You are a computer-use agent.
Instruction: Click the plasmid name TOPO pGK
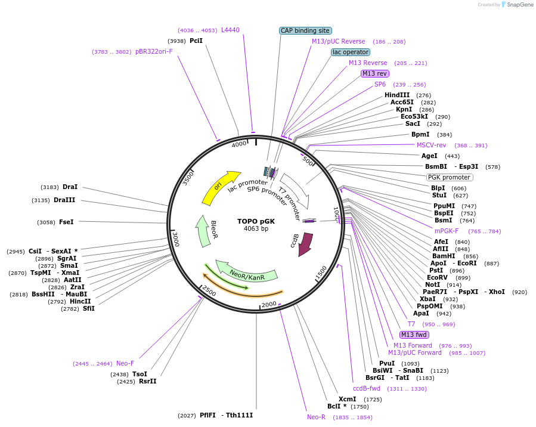click(x=256, y=221)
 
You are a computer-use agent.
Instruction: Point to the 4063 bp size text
click(x=256, y=228)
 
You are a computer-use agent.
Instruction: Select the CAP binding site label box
click(x=305, y=30)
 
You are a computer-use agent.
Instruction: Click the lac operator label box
click(x=351, y=52)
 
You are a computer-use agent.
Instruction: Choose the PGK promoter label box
click(x=450, y=177)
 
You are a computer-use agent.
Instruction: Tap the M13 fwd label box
click(x=414, y=335)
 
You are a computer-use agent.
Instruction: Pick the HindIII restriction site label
click(x=397, y=95)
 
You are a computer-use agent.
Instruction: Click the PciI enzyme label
click(x=196, y=41)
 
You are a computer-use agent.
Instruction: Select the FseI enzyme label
click(x=66, y=222)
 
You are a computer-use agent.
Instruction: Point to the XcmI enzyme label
click(x=347, y=399)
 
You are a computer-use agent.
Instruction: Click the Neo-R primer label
click(x=316, y=417)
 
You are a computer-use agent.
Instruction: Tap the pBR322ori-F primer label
click(x=154, y=51)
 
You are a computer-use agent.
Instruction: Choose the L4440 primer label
click(x=230, y=30)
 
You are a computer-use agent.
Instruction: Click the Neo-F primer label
click(x=125, y=363)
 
